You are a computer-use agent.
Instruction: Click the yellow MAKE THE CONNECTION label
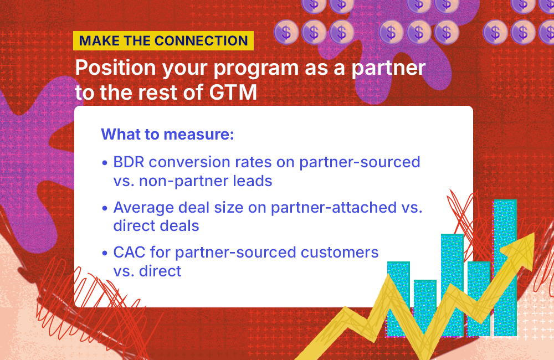[163, 41]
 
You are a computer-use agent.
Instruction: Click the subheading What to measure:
[167, 135]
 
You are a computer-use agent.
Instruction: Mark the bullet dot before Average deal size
[105, 208]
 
